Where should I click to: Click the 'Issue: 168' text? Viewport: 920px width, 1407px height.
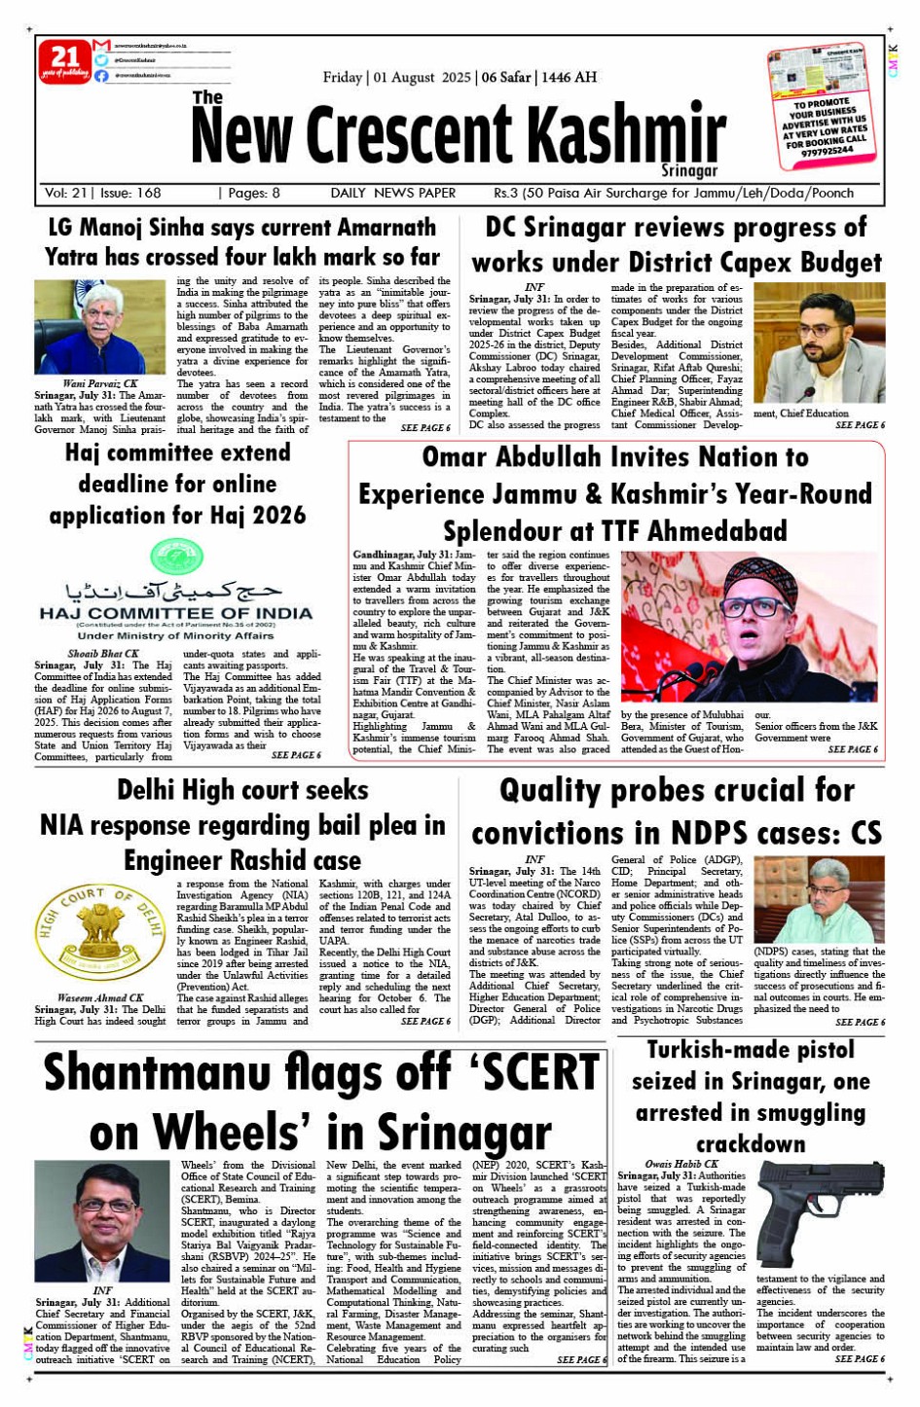[130, 193]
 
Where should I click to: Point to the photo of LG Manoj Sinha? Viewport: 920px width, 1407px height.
[100, 327]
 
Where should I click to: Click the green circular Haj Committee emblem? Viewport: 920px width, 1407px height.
[176, 558]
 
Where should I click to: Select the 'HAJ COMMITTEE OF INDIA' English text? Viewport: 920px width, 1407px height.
[176, 614]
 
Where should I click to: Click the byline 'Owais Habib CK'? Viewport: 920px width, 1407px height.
[681, 1164]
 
